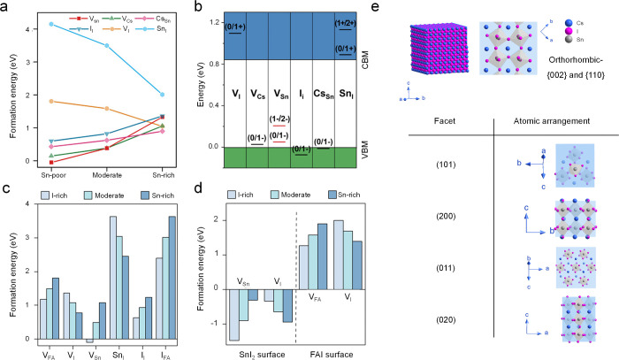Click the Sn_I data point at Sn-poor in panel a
point(51,24)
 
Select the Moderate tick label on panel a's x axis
point(107,175)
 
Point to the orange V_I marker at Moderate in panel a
point(107,108)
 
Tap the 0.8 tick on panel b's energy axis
point(214,64)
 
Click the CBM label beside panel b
point(365,59)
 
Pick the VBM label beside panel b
point(365,149)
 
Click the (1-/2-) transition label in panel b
point(279,119)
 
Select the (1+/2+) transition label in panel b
point(345,23)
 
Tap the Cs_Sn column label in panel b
point(324,94)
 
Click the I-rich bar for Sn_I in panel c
point(113,278)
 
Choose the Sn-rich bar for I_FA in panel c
point(172,278)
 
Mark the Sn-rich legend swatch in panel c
point(145,195)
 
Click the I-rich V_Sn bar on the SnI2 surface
point(234,315)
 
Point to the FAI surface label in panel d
point(332,355)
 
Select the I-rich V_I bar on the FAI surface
point(339,255)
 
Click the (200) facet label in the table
point(446,217)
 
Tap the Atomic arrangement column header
point(552,121)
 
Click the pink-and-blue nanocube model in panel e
point(439,48)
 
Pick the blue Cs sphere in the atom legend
point(569,23)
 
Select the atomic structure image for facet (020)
point(578,319)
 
